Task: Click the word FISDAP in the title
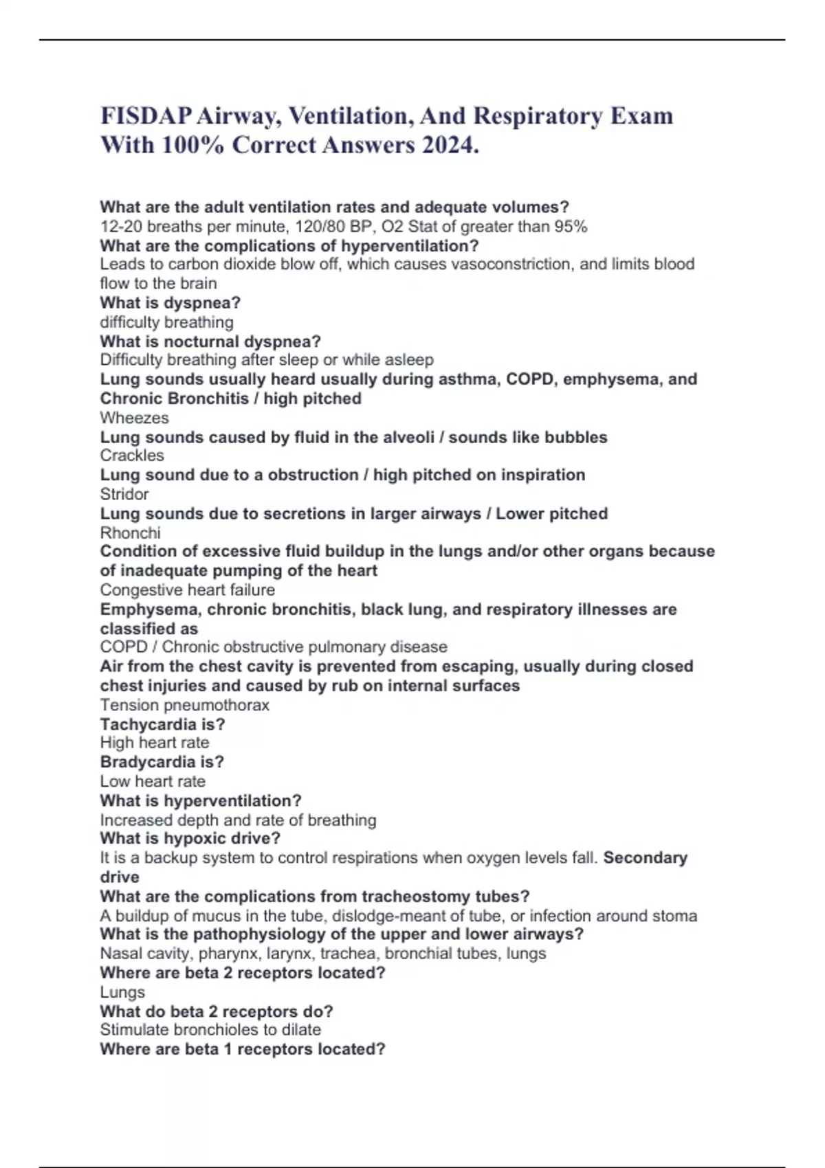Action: [146, 115]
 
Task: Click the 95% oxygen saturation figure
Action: [571, 227]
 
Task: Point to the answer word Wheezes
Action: [134, 418]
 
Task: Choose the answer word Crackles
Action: [132, 456]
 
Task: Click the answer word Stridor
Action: [124, 494]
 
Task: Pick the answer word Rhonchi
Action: [130, 532]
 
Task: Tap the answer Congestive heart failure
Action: [187, 589]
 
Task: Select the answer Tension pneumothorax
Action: [184, 705]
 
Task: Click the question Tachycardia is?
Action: [162, 724]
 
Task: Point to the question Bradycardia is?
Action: [162, 762]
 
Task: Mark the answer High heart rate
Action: [155, 743]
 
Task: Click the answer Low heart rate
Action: [153, 781]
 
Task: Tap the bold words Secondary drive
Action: [645, 857]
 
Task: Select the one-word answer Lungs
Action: [122, 992]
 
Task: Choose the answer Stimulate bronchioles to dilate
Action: [210, 1030]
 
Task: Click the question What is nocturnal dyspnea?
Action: [210, 341]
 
